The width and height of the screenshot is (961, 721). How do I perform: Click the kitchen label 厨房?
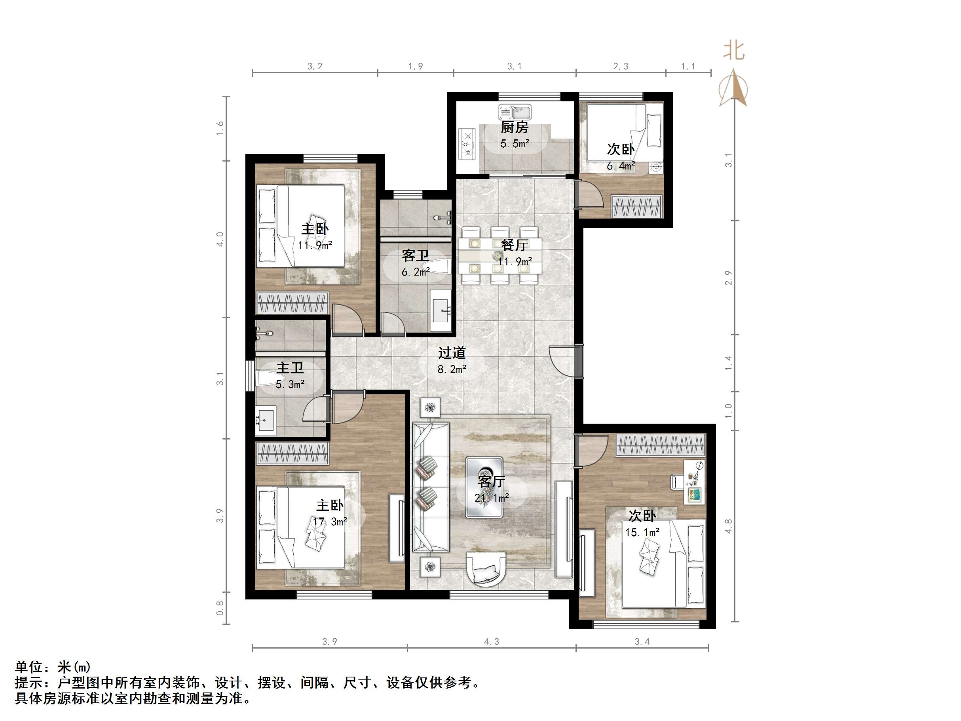tap(515, 127)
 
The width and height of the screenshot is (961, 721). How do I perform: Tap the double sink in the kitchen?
tap(515, 112)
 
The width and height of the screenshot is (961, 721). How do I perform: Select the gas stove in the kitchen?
tap(467, 144)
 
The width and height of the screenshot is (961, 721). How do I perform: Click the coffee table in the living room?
tap(484, 487)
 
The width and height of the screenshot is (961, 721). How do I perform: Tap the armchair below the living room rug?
tap(486, 569)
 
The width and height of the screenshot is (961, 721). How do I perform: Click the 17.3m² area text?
tap(330, 521)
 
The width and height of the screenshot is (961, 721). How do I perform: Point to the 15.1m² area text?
tap(642, 533)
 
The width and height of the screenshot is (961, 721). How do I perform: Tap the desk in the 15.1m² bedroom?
tap(694, 482)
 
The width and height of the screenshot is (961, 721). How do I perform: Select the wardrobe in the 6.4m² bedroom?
tap(636, 206)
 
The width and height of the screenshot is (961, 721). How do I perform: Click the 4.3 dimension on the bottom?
tap(491, 641)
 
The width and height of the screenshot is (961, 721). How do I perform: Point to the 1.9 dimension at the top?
tap(415, 67)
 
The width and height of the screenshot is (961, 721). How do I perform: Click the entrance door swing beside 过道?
tap(564, 360)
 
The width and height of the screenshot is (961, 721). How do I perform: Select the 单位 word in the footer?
tap(28, 667)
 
